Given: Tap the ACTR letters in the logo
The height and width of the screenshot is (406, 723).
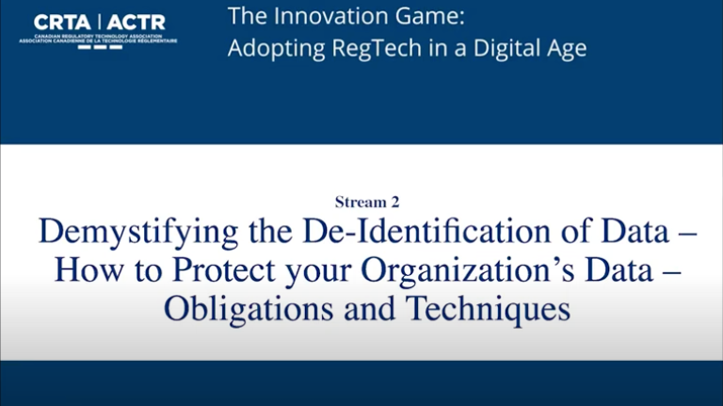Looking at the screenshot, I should (137, 22).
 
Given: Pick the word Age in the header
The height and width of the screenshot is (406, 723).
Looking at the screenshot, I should (567, 48).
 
